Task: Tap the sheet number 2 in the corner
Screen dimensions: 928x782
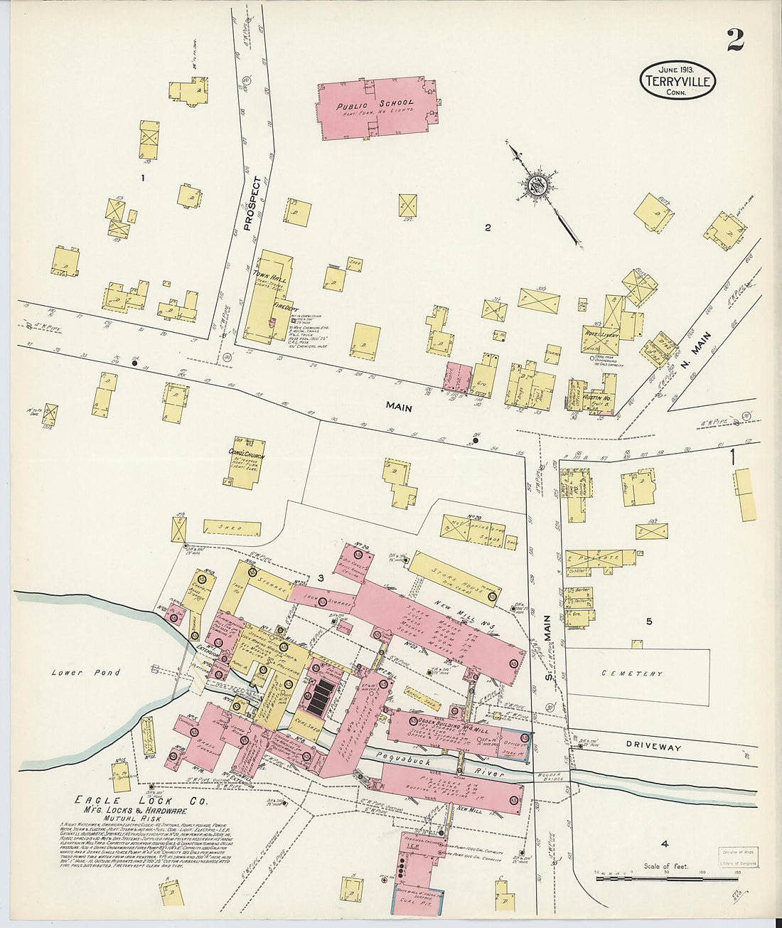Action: [735, 40]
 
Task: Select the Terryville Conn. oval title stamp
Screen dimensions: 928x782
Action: [677, 80]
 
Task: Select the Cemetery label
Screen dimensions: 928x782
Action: [632, 673]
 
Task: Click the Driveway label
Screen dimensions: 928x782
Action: [653, 747]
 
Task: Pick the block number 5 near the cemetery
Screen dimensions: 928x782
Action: [648, 622]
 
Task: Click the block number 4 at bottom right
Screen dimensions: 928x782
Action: [664, 844]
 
